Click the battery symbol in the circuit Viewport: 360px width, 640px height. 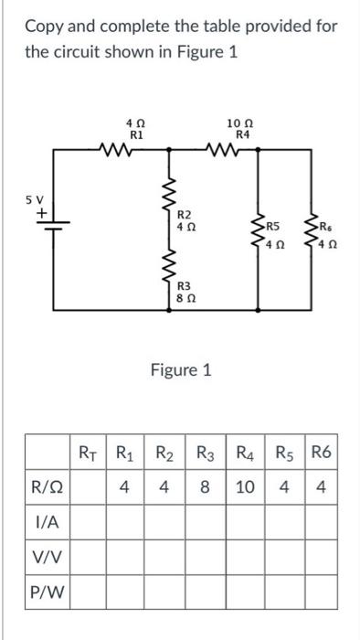50,226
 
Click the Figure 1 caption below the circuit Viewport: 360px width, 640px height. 180,370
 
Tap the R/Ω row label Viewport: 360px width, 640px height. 48,486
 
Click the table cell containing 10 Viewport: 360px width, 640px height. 245,486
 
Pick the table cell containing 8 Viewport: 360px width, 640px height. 206,486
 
